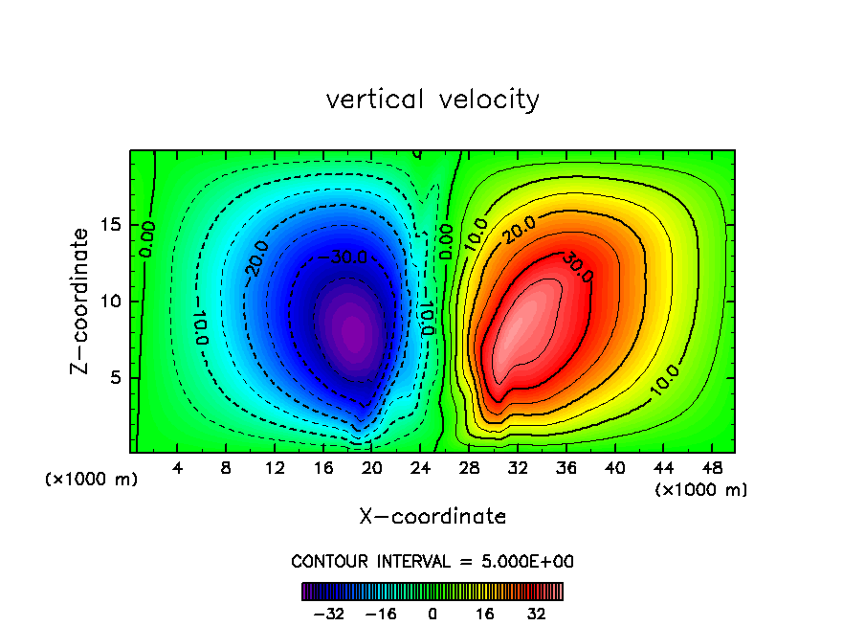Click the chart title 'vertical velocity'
(x=432, y=100)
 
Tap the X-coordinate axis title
(x=432, y=517)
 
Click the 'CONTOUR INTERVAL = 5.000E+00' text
(x=432, y=561)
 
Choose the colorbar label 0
(x=432, y=613)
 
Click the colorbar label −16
(x=381, y=613)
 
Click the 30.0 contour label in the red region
(x=577, y=267)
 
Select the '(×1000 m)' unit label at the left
(x=92, y=480)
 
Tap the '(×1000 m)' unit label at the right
(x=701, y=490)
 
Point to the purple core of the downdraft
(x=352, y=330)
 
